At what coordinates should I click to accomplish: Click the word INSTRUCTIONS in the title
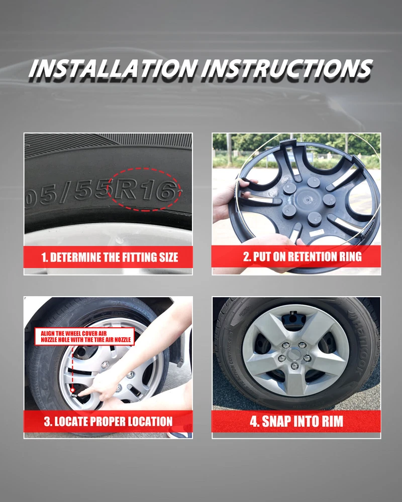pos(287,68)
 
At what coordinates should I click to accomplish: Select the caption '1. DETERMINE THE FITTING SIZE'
pos(110,258)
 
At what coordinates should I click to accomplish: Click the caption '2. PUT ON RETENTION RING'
pos(302,257)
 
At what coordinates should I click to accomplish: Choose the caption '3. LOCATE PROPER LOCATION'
pos(108,421)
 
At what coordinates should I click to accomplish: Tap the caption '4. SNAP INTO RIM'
pos(296,421)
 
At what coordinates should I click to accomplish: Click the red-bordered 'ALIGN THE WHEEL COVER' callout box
pos(84,336)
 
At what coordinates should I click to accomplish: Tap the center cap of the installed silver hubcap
pos(293,355)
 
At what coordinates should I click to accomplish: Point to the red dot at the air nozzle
pos(73,390)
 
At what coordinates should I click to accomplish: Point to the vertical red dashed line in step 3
pos(73,366)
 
